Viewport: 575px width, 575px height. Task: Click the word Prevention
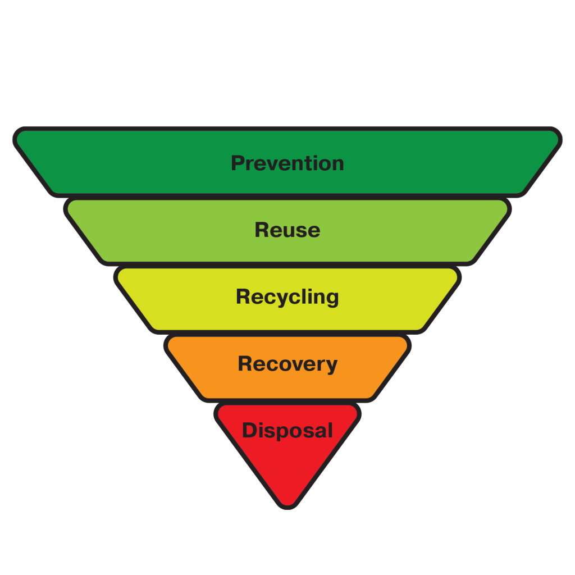287,163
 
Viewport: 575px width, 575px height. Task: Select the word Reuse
287,230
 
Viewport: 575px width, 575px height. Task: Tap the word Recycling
287,296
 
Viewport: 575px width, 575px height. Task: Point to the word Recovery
287,364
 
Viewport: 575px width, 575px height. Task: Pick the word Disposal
287,431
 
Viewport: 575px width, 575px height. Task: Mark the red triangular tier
287,466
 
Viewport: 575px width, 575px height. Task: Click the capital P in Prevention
238,163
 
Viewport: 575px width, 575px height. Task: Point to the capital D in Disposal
249,431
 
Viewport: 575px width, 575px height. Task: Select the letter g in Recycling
332,298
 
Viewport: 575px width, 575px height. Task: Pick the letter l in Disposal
330,430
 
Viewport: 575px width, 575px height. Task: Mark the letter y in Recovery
331,366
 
